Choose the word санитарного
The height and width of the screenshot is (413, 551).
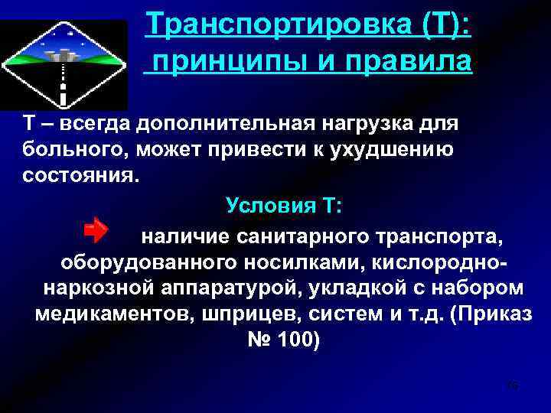pos(302,237)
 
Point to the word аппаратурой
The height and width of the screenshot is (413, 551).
pos(209,288)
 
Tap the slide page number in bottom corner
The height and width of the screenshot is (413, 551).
pos(513,385)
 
